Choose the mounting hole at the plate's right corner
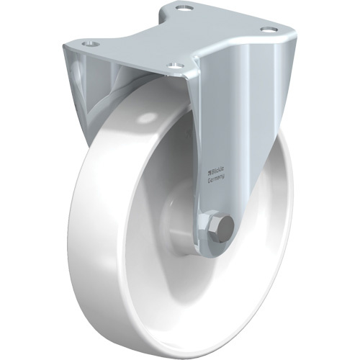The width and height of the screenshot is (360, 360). [x=269, y=30]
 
